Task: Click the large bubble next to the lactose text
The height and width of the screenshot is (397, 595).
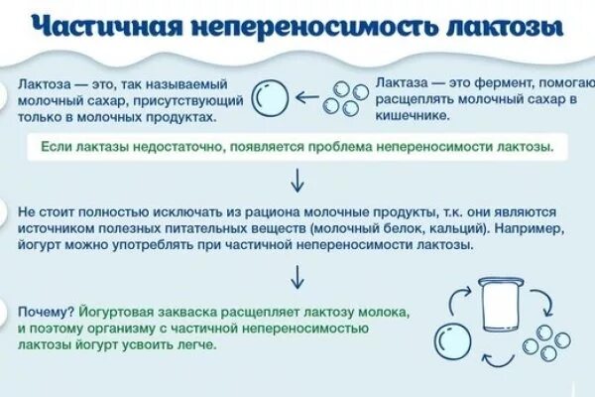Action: point(269,100)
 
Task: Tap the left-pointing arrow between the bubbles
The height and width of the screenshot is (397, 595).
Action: point(308,100)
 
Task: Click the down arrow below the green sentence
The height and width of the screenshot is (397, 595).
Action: point(296,180)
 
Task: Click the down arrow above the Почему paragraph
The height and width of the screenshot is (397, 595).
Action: point(296,275)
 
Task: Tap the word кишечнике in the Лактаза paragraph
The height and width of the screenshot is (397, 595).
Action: point(412,117)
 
